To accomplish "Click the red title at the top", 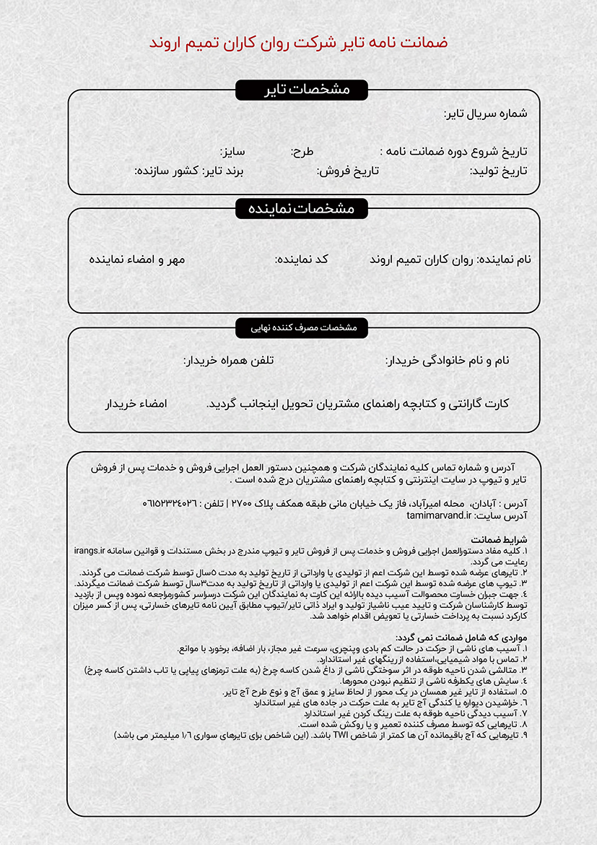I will click(x=298, y=42).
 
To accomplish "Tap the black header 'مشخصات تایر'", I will click(x=302, y=90).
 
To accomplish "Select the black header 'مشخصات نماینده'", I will click(x=302, y=209).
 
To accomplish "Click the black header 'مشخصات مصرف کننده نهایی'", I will click(x=302, y=327).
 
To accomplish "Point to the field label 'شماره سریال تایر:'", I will click(x=485, y=113).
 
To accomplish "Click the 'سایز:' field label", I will click(x=232, y=152).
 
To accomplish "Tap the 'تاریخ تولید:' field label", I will click(x=498, y=171).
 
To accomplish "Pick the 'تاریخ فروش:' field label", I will click(x=348, y=171).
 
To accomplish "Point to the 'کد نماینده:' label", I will click(x=302, y=259).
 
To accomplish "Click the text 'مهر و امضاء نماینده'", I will click(x=137, y=259).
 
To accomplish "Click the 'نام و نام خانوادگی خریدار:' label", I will click(x=448, y=360).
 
